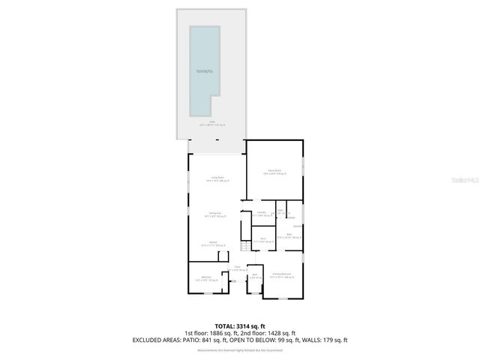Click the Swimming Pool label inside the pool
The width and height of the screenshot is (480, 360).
pyautogui.click(x=205, y=70)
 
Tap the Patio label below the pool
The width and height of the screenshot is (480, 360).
pyautogui.click(x=212, y=123)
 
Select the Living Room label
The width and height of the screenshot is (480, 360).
pyautogui.click(x=217, y=178)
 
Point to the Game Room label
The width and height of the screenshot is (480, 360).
pyautogui.click(x=274, y=172)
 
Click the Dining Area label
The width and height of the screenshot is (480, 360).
pyautogui.click(x=216, y=215)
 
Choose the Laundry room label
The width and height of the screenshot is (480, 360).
pyautogui.click(x=262, y=214)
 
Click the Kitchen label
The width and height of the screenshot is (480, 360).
pyautogui.click(x=213, y=244)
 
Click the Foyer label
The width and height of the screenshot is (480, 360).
pyautogui.click(x=237, y=268)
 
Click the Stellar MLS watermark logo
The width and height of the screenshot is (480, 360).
pyautogui.click(x=468, y=180)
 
